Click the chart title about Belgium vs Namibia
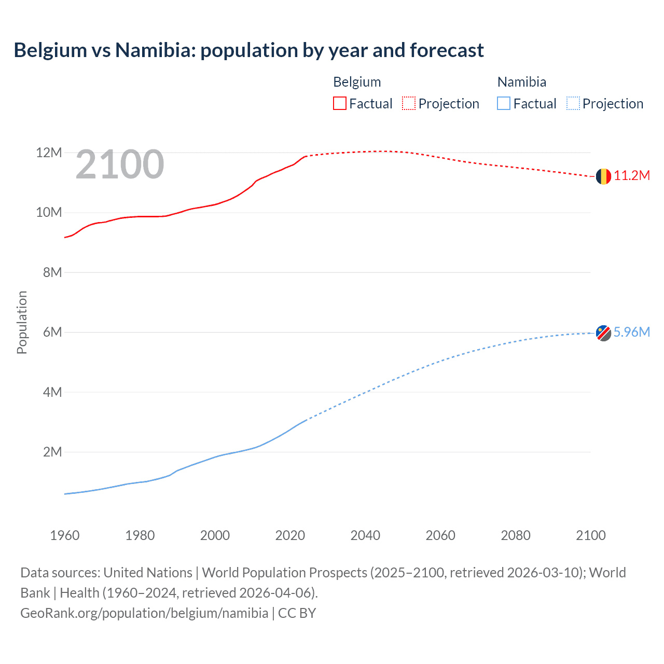(248, 50)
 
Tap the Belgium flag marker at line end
(603, 176)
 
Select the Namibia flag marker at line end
(603, 333)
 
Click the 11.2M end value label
(632, 176)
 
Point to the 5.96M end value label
(632, 333)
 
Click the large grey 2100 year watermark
(120, 164)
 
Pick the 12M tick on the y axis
(49, 153)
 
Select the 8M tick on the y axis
(52, 272)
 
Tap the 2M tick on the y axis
(52, 452)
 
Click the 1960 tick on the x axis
(65, 535)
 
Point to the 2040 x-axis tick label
(365, 535)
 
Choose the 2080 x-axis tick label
(516, 535)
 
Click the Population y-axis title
(22, 322)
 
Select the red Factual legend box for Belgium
(340, 104)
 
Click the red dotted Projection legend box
(409, 104)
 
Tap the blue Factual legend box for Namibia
(504, 104)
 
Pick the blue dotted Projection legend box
(573, 104)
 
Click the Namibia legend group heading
(521, 82)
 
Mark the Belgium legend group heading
(357, 82)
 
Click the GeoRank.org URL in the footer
(144, 613)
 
